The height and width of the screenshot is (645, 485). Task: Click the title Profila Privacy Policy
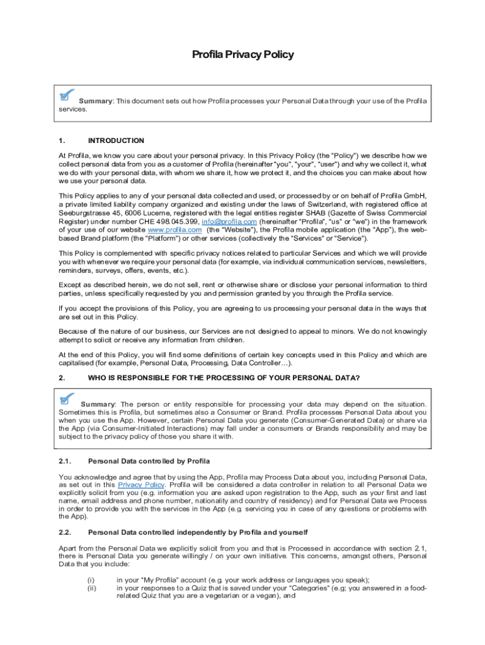point(243,55)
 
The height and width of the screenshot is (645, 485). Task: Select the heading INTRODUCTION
point(116,140)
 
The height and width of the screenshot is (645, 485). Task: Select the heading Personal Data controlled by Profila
point(149,461)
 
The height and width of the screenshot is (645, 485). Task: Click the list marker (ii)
point(92,588)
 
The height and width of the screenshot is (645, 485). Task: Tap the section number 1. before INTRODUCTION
point(61,140)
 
